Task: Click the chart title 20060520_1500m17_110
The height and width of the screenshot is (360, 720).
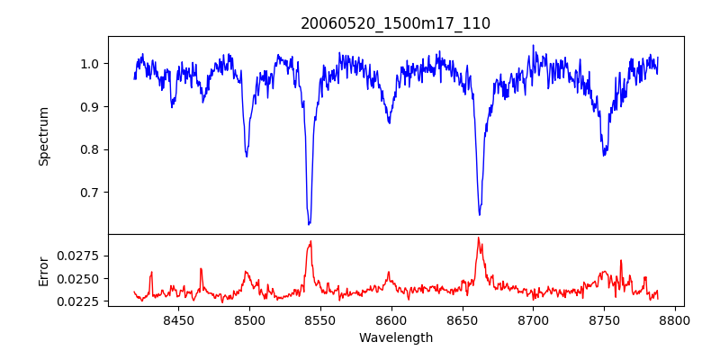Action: [x=395, y=23]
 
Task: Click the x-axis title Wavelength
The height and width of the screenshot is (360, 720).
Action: [x=395, y=338]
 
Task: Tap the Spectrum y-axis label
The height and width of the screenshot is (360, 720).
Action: [x=43, y=136]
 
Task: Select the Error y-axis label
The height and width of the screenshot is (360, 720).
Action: [x=43, y=270]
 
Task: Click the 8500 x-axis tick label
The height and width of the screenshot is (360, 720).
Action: [x=249, y=319]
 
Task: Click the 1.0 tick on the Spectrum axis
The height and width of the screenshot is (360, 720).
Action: [x=90, y=64]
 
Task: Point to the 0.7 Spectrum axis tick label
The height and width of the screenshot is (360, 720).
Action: [x=90, y=193]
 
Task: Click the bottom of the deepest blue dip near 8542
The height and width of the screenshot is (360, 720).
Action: [x=309, y=224]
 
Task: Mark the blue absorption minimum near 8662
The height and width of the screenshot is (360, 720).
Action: [x=479, y=214]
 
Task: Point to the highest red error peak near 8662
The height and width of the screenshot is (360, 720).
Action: [x=478, y=238]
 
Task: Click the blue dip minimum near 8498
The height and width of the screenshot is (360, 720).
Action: [x=247, y=157]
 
